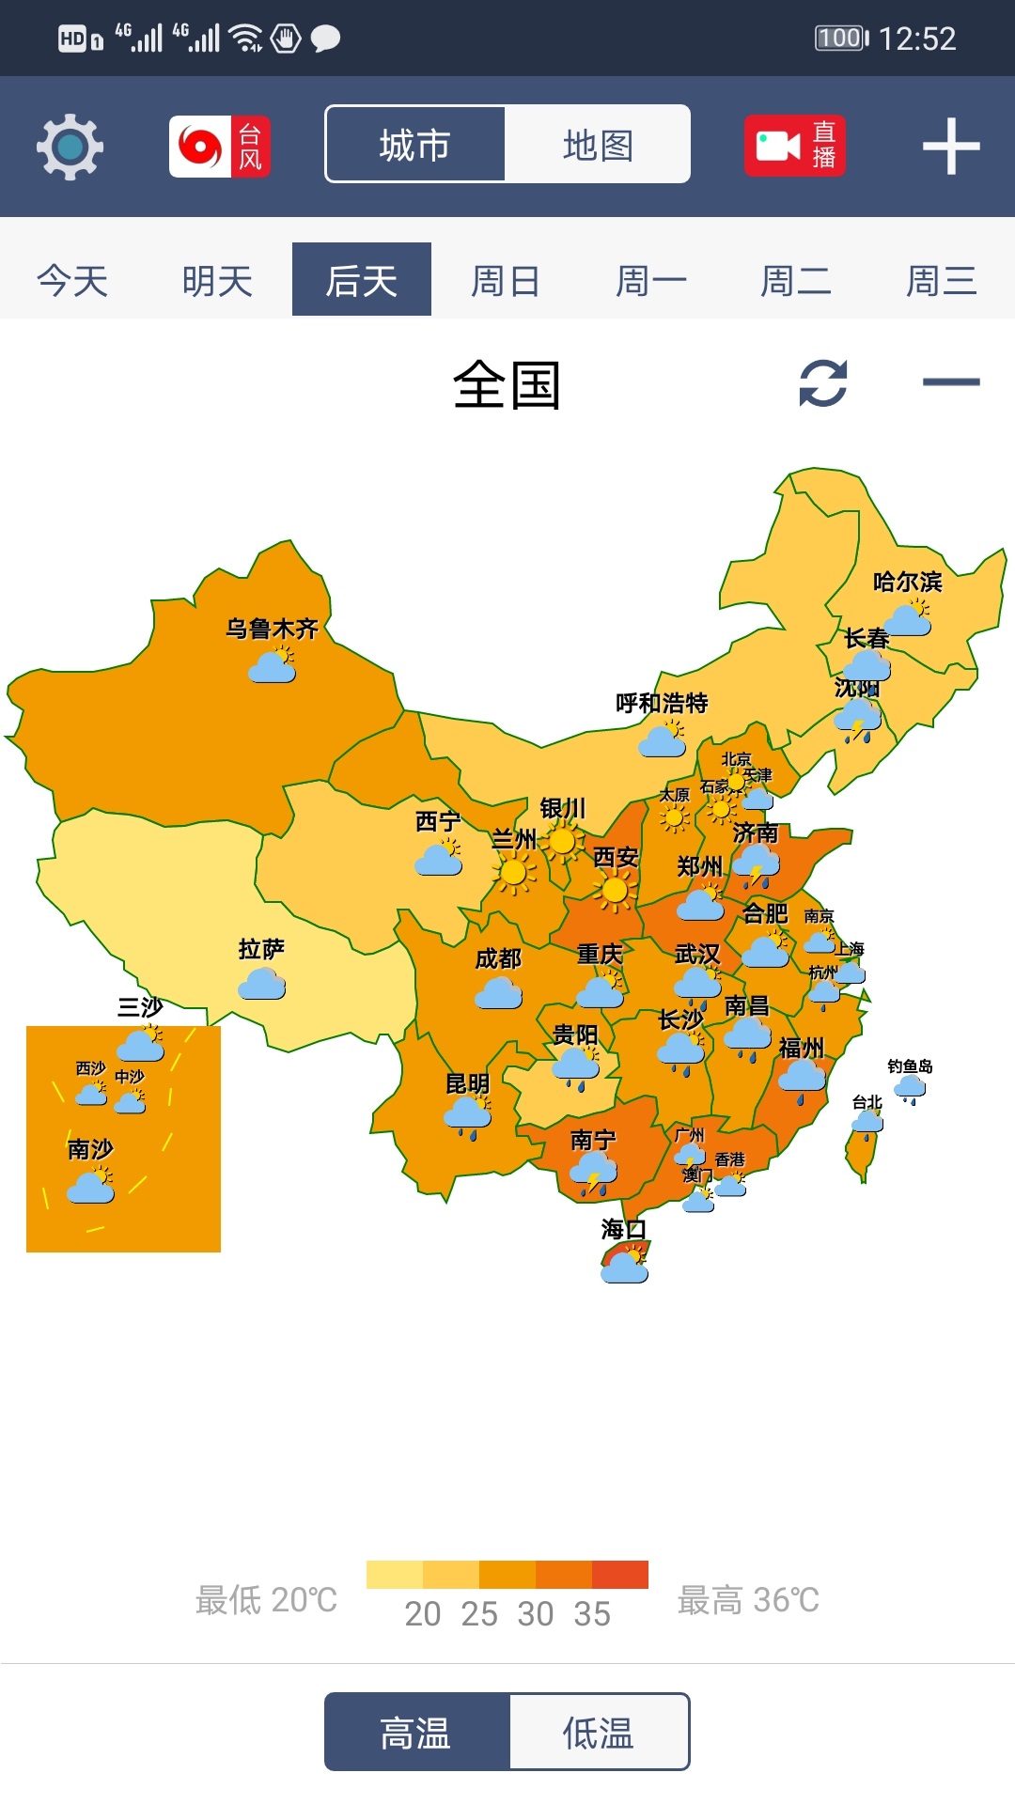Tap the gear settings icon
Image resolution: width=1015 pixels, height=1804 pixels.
point(70,147)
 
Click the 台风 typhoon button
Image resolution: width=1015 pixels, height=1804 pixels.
point(220,147)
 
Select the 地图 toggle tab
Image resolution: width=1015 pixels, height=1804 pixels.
point(598,146)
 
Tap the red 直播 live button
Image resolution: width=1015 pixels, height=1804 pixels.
point(795,147)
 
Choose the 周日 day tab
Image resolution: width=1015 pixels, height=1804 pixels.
point(506,281)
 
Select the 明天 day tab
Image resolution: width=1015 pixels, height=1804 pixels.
point(217,281)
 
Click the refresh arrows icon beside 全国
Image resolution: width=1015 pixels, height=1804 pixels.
point(823,383)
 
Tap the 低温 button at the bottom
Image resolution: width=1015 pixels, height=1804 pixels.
point(599,1733)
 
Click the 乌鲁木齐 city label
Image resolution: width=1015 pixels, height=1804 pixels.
point(272,629)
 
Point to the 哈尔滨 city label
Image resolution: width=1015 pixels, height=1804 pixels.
point(907,582)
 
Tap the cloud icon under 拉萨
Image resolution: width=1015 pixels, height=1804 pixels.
point(261,985)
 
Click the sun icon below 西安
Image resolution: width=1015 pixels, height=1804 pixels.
point(615,890)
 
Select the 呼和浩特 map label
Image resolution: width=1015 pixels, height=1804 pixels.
point(662,703)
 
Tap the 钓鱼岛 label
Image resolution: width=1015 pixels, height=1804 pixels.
point(910,1066)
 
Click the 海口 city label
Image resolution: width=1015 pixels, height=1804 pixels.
point(623,1229)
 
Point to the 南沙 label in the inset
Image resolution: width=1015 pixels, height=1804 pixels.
point(90,1149)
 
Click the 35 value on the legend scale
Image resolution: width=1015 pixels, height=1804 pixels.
point(592,1614)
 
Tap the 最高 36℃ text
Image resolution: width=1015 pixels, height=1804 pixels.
point(748,1599)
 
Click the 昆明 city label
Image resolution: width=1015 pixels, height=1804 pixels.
point(467,1083)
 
